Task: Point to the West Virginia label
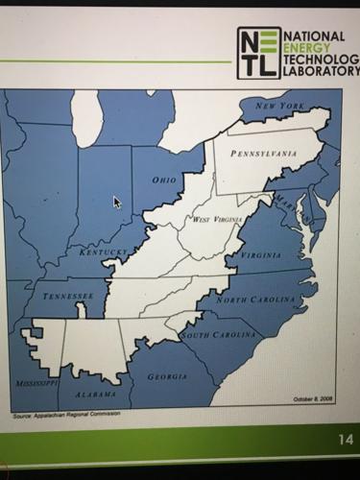click(x=215, y=220)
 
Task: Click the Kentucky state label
click(x=103, y=252)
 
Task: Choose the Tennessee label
click(x=68, y=295)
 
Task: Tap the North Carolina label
click(x=255, y=300)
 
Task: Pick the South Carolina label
click(x=220, y=335)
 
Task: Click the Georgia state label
click(x=167, y=376)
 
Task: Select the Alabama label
click(x=95, y=394)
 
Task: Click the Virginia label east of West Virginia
click(x=260, y=255)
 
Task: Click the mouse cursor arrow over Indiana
click(x=117, y=203)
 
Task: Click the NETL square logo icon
click(x=259, y=52)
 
